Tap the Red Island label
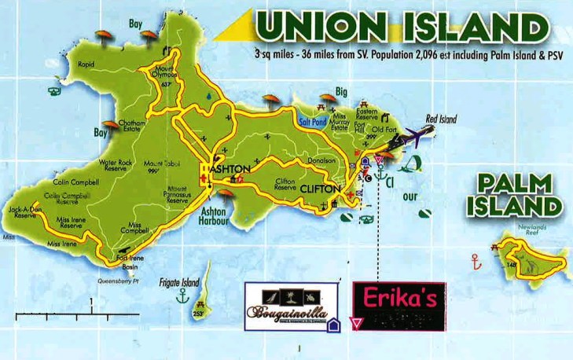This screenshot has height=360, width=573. click(x=440, y=119)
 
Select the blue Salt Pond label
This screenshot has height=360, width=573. click(x=314, y=122)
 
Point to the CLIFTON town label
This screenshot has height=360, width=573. click(x=319, y=189)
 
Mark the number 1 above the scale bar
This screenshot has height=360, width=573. click(x=91, y=302)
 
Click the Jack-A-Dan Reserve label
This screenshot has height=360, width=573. click(x=23, y=212)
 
